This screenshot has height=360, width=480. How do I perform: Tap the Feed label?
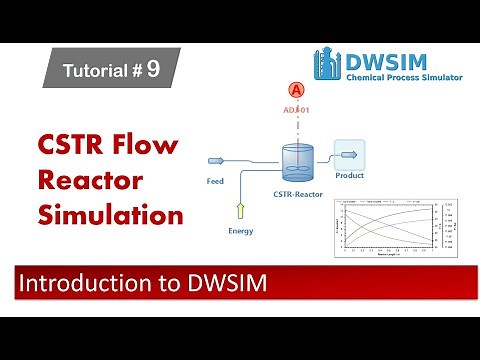pos(215,182)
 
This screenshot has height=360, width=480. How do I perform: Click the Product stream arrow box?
pos(348,155)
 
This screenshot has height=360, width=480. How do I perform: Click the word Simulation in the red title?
pos(111,215)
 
